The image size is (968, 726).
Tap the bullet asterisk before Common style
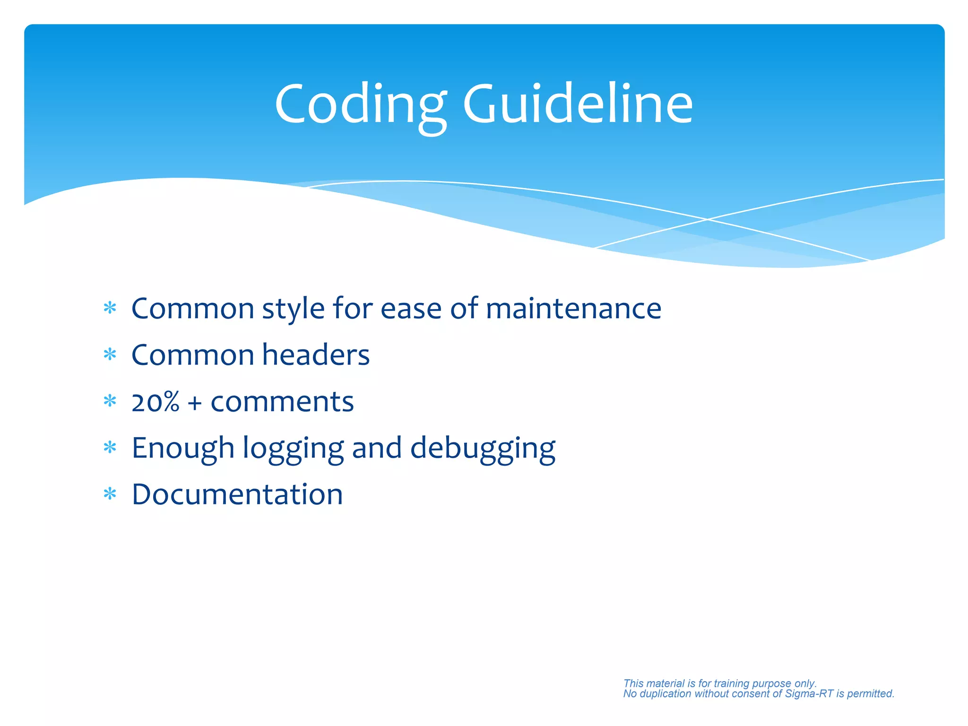click(x=110, y=309)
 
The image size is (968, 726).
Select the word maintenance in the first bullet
click(x=573, y=309)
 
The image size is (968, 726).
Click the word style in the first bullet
click(x=293, y=310)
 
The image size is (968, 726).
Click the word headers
click(x=316, y=355)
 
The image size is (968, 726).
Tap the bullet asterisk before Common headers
click(x=110, y=354)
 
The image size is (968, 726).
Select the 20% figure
click(x=156, y=402)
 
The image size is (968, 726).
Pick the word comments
click(x=282, y=402)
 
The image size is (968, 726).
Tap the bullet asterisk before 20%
click(x=110, y=401)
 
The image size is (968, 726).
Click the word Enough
click(x=183, y=448)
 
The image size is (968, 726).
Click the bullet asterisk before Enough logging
click(x=110, y=448)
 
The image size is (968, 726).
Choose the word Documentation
click(x=237, y=494)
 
